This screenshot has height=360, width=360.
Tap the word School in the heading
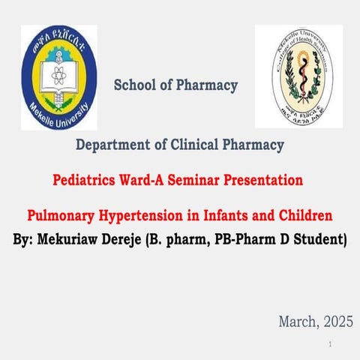click(x=134, y=85)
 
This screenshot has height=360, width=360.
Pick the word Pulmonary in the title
click(x=62, y=217)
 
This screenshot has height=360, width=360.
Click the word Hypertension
click(x=148, y=217)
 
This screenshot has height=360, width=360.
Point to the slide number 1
click(x=330, y=343)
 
